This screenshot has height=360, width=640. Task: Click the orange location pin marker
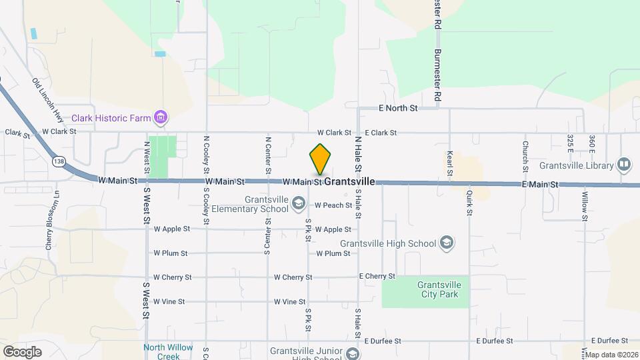(x=321, y=160)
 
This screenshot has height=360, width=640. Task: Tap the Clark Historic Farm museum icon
(x=160, y=119)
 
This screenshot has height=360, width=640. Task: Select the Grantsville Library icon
(x=624, y=163)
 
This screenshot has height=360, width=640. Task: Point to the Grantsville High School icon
(x=447, y=243)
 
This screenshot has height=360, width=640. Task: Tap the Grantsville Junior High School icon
(x=353, y=354)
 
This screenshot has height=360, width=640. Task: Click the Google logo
(x=22, y=351)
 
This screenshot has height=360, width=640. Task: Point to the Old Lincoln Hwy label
(x=48, y=100)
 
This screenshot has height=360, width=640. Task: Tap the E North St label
(x=398, y=107)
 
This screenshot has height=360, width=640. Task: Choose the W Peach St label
(x=333, y=205)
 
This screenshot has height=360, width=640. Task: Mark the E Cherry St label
(x=377, y=276)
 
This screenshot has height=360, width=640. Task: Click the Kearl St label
(x=450, y=163)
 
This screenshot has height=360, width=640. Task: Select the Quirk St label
(x=469, y=203)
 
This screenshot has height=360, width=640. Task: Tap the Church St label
(x=525, y=154)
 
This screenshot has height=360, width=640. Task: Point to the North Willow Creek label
(x=168, y=351)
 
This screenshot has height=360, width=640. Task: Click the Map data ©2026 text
(x=611, y=355)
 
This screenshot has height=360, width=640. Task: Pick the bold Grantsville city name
(x=350, y=181)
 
